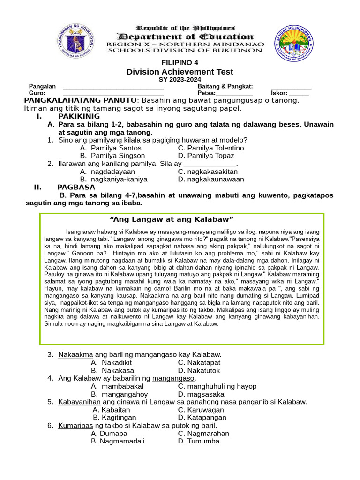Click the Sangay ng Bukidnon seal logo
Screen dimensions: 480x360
coord(294,41)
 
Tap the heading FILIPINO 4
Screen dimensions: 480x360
coord(180,63)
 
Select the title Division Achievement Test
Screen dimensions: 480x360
coord(180,72)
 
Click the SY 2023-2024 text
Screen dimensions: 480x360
coord(180,80)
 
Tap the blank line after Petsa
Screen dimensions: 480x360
coord(234,93)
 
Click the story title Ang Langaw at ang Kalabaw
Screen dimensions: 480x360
coord(171,219)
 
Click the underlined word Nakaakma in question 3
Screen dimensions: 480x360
coord(75,354)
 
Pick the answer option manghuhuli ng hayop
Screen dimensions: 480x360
coord(217,386)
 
